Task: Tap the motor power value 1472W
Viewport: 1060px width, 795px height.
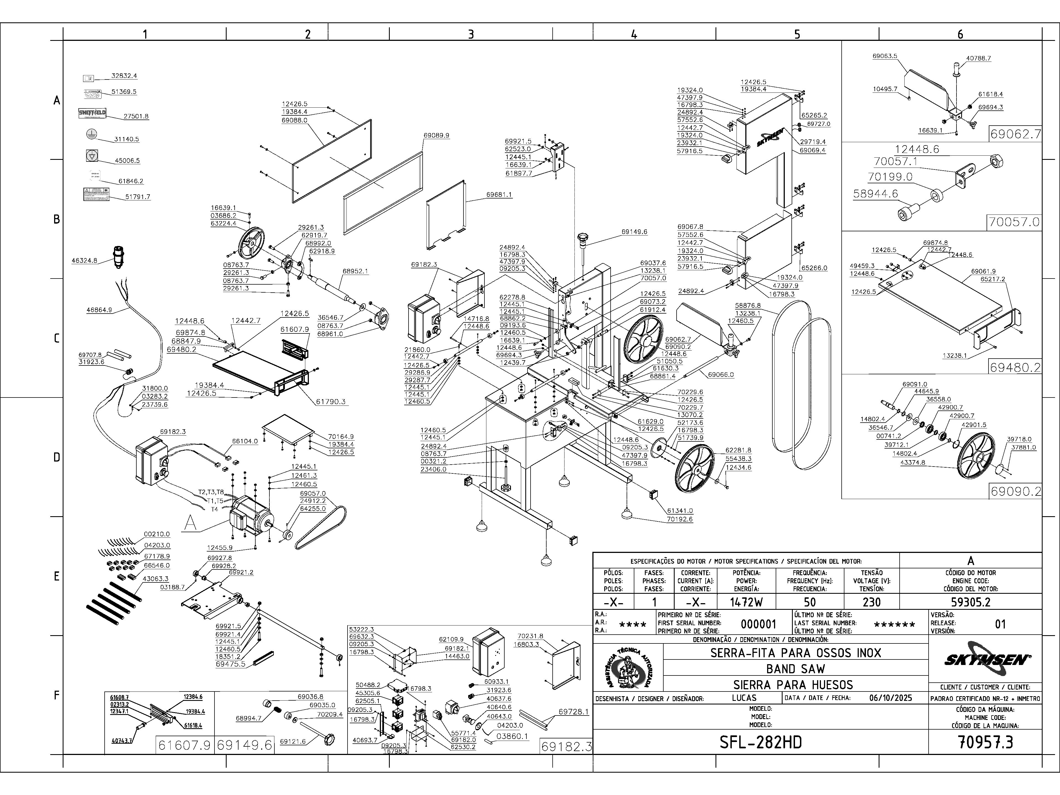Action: point(747,602)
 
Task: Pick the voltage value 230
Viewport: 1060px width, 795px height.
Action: point(871,602)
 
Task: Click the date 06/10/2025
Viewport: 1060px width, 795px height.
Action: point(890,698)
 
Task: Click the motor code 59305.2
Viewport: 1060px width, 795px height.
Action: point(970,602)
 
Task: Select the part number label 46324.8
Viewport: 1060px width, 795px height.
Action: point(84,261)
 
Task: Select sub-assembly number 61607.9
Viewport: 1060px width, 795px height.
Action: point(184,745)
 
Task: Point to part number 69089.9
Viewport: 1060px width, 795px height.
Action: point(436,136)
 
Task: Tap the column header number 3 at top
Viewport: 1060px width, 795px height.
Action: point(471,34)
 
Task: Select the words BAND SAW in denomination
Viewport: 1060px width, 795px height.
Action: point(796,669)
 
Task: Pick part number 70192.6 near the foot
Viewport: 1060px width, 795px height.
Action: point(680,519)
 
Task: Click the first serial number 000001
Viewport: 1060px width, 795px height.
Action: point(758,624)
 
